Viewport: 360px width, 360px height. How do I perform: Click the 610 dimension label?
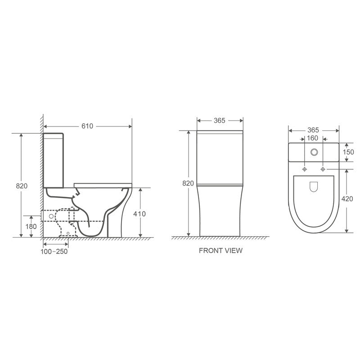[87, 126]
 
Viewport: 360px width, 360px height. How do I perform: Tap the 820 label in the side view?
[22, 186]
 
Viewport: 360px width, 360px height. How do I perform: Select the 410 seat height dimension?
[139, 214]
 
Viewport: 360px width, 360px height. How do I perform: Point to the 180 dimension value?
[31, 227]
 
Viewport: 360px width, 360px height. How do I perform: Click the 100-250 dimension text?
[54, 252]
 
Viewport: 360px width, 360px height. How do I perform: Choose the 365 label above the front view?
[220, 121]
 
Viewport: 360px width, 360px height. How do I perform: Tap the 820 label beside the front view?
[188, 183]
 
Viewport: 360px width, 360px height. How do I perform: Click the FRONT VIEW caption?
[220, 251]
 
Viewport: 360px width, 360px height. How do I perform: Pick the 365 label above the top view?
[313, 130]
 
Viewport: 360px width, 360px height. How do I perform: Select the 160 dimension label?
[312, 138]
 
